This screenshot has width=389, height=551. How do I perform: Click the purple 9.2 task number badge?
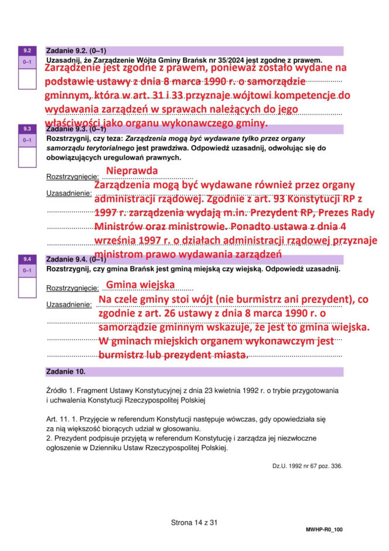pos(27,51)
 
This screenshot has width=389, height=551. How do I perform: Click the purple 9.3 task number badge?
pos(27,129)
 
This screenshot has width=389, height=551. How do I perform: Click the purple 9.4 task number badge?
pos(27,259)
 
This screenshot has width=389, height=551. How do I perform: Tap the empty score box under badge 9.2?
pos(27,78)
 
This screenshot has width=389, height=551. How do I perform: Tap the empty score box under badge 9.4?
pos(27,287)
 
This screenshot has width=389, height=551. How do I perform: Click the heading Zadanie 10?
pos(66,371)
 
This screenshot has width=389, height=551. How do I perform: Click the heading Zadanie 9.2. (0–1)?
pos(76,51)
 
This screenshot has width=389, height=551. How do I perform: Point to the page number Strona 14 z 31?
pos(194,522)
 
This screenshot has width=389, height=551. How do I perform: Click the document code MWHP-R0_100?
pos(324,529)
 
